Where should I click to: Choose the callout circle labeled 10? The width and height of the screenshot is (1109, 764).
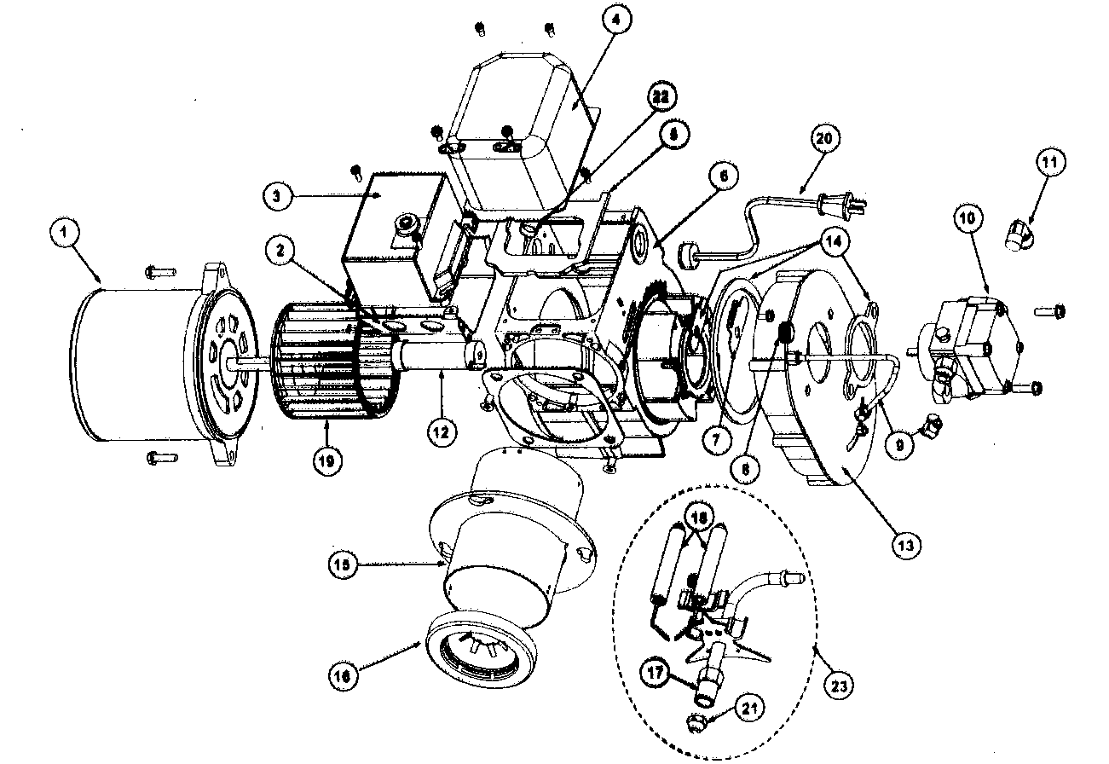(967, 219)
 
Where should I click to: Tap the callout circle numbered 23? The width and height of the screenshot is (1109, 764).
(839, 684)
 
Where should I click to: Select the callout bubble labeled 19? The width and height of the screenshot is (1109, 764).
(326, 460)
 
